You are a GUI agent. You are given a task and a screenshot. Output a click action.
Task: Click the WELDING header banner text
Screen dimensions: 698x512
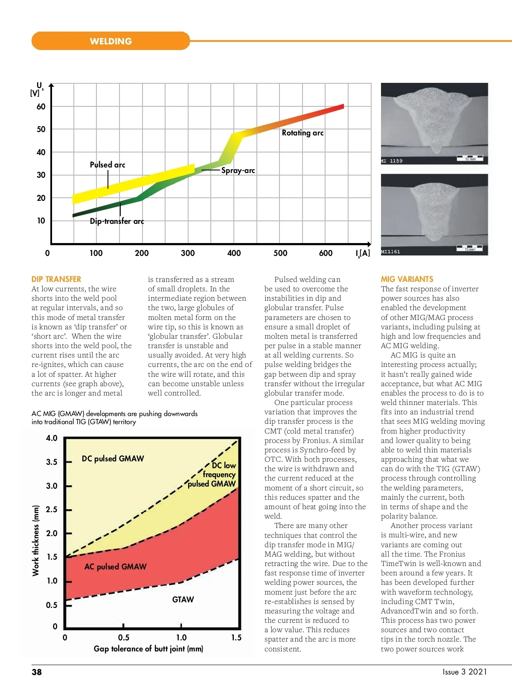(x=111, y=41)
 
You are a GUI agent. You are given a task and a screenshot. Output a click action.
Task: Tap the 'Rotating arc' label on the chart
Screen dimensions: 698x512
(x=303, y=133)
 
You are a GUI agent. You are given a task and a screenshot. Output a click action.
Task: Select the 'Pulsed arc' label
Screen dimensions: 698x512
(x=108, y=165)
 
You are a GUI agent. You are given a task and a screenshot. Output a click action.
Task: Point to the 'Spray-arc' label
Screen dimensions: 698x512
(x=238, y=170)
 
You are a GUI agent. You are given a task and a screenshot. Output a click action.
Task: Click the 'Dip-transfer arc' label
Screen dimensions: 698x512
(x=117, y=221)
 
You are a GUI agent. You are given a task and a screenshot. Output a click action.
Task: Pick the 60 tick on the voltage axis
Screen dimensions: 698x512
(x=41, y=106)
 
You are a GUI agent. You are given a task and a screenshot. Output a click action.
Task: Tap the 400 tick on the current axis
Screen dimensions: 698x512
(x=234, y=253)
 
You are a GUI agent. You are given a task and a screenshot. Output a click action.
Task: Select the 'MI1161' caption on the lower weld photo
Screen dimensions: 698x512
(x=391, y=252)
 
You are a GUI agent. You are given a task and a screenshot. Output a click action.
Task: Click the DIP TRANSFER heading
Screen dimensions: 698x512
(x=56, y=279)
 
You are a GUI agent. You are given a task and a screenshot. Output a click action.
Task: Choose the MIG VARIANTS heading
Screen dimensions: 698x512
(x=407, y=279)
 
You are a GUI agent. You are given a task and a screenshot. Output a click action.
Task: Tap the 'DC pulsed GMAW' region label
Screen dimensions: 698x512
(x=113, y=459)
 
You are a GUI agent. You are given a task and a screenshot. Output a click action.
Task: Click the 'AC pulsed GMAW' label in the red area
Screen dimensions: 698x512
(x=115, y=567)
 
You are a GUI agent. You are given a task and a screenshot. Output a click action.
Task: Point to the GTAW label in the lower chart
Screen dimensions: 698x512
(x=183, y=600)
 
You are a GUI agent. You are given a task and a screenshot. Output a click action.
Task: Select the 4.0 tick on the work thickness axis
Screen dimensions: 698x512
(x=52, y=438)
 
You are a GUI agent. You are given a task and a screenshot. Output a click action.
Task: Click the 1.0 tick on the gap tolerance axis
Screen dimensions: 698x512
(x=181, y=638)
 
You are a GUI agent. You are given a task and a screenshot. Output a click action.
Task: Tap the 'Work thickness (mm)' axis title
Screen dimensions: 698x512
(x=36, y=541)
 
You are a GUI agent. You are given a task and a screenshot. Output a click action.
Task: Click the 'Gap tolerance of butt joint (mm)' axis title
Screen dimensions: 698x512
(x=148, y=649)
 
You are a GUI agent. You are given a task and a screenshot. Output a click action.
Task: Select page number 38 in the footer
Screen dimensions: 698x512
(x=37, y=672)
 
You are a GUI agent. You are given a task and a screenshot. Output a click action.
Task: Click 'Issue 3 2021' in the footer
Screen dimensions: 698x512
(x=465, y=672)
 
